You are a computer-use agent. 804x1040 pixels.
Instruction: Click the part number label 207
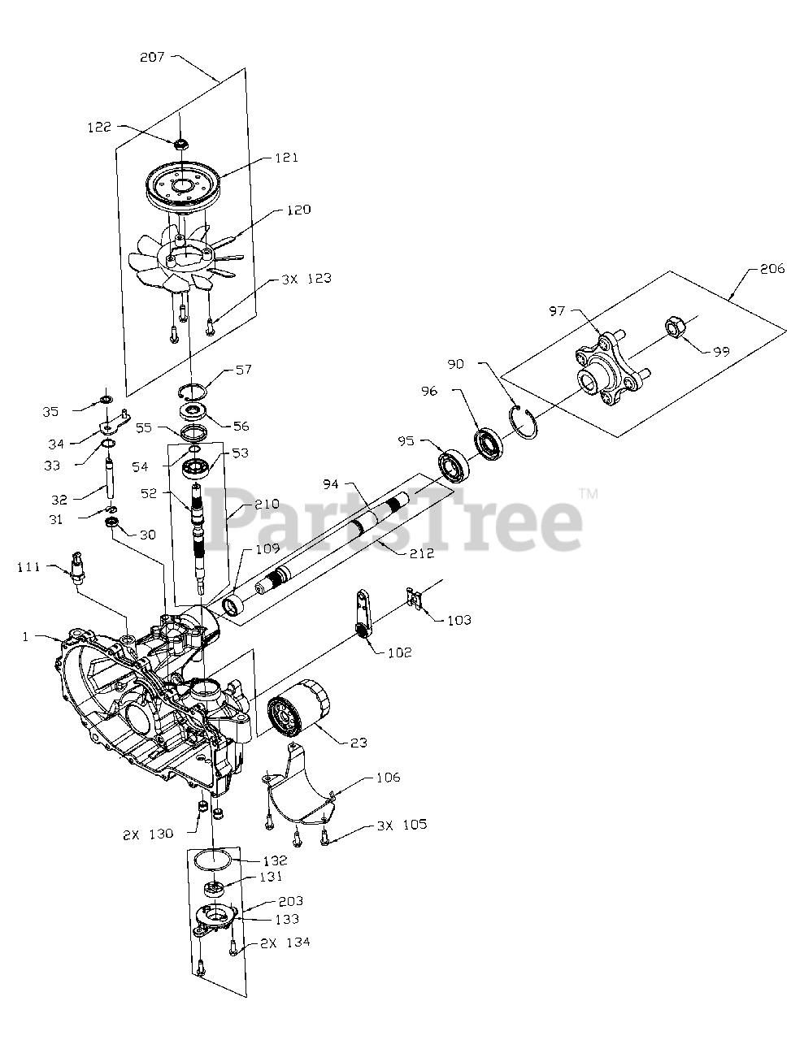(152, 58)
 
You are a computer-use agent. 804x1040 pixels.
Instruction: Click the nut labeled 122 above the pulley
(181, 143)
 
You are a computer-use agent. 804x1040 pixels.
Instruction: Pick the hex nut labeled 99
(675, 327)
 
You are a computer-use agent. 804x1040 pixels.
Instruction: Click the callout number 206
(771, 268)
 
